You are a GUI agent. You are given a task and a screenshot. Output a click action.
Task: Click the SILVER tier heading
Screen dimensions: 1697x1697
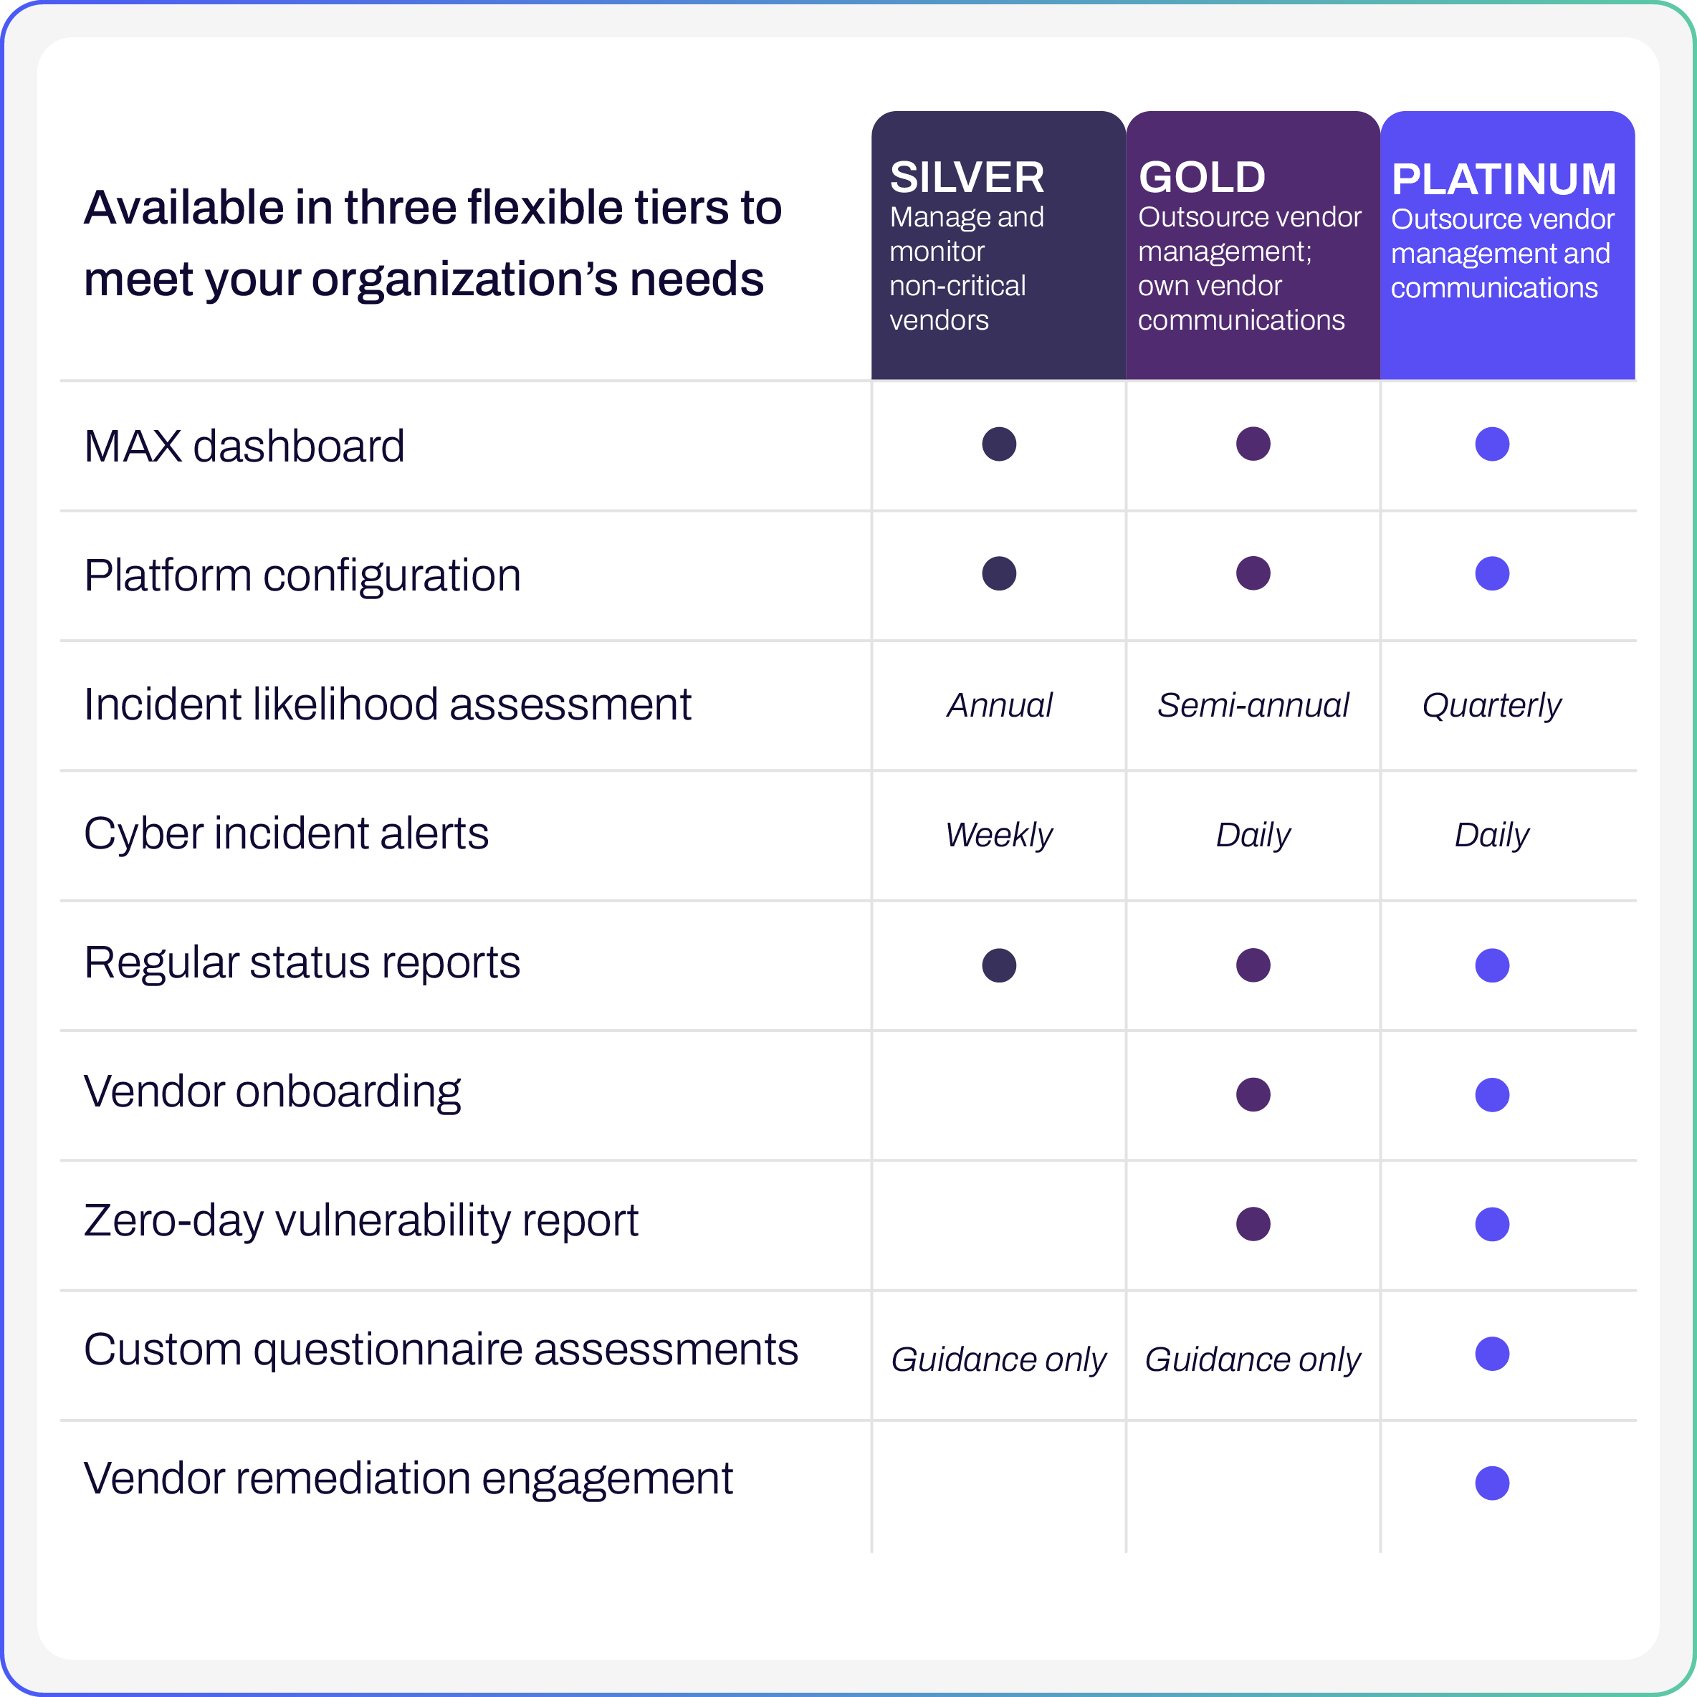(x=967, y=178)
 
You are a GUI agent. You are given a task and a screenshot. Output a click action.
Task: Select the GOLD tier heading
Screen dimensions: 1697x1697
(x=1202, y=178)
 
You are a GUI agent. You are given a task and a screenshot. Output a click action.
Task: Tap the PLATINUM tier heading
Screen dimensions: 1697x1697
(x=1503, y=179)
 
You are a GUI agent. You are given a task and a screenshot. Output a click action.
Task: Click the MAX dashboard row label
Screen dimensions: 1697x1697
(x=244, y=446)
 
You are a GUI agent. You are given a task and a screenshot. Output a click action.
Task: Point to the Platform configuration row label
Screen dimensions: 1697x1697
(x=302, y=576)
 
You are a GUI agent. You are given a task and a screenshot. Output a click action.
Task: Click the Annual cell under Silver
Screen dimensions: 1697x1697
(x=1000, y=705)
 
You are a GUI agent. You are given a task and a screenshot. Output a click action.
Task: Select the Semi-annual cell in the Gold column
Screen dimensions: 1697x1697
(x=1253, y=705)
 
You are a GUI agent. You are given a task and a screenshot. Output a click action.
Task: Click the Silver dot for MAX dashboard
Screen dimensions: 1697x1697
(x=999, y=444)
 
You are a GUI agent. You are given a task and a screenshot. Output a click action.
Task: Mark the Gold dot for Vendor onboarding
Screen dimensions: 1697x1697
(x=1253, y=1094)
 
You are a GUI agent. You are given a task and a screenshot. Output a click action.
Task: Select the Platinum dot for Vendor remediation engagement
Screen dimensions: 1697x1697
(x=1491, y=1483)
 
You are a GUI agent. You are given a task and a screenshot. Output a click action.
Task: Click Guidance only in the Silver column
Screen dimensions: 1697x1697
(x=999, y=1359)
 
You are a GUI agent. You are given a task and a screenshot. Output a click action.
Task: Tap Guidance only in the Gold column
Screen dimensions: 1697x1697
(x=1253, y=1359)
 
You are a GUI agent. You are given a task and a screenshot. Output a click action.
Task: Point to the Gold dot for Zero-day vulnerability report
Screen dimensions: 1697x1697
(x=1253, y=1223)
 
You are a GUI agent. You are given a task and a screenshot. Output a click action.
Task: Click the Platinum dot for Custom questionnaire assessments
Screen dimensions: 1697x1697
(x=1491, y=1354)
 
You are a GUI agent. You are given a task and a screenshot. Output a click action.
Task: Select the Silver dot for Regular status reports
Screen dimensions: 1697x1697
(x=999, y=965)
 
